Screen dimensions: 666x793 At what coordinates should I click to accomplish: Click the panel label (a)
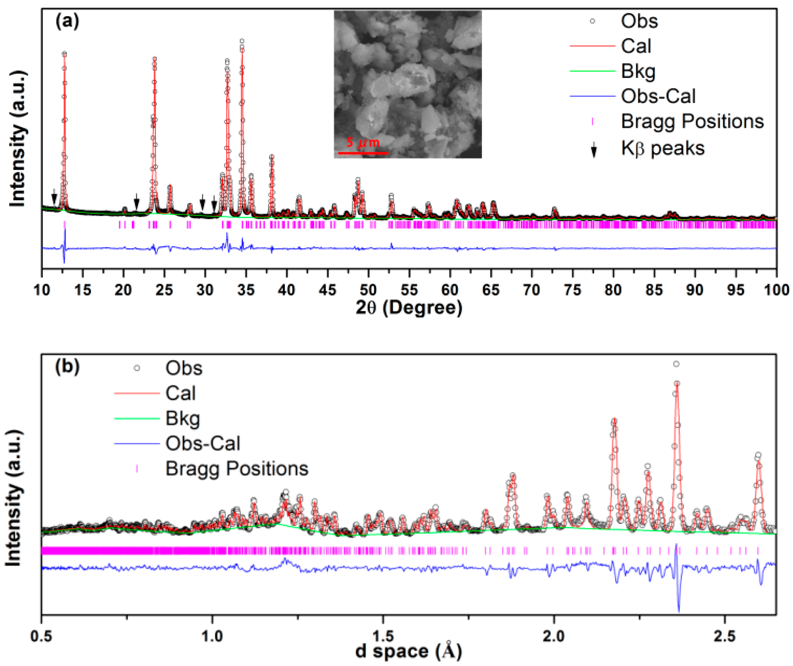click(67, 21)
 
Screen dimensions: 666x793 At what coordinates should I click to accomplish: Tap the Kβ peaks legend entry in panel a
click(662, 148)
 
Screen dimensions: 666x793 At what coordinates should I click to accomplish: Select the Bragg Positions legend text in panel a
click(692, 121)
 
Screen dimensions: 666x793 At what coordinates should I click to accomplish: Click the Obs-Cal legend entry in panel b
click(202, 443)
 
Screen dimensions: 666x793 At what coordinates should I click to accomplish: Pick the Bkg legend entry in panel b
click(182, 418)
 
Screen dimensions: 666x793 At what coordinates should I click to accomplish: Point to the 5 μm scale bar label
click(363, 142)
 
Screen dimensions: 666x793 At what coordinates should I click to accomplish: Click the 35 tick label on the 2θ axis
click(246, 290)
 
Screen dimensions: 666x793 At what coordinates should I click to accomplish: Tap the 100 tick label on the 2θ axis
click(776, 290)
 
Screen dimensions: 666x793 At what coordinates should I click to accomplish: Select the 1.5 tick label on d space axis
click(383, 636)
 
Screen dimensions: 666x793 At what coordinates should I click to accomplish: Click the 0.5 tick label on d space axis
click(41, 636)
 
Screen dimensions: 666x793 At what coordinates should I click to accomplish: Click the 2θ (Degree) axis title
click(409, 307)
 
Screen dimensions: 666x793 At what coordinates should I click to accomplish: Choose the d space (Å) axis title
click(409, 651)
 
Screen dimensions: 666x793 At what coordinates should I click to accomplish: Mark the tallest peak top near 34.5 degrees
click(242, 41)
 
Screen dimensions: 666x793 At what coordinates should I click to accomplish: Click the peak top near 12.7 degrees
click(64, 54)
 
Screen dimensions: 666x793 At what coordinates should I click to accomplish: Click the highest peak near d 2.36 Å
click(676, 364)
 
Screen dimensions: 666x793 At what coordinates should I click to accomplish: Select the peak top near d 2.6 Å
click(758, 455)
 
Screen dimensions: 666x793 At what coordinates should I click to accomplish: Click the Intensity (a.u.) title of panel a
click(17, 138)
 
